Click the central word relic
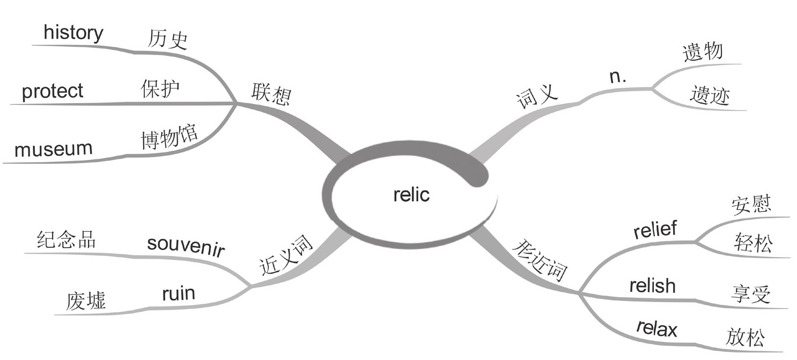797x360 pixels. click(x=411, y=195)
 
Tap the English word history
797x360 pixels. click(x=73, y=33)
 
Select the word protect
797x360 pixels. click(x=53, y=91)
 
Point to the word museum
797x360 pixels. click(x=53, y=149)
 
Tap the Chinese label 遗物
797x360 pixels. click(x=703, y=53)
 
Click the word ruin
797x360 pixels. click(x=178, y=293)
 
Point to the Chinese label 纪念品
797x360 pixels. click(x=67, y=240)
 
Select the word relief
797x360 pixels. click(x=655, y=230)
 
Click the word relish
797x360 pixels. click(x=652, y=285)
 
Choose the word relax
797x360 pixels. click(x=656, y=328)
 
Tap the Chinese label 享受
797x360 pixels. click(x=750, y=294)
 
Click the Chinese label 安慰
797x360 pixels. click(x=751, y=204)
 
